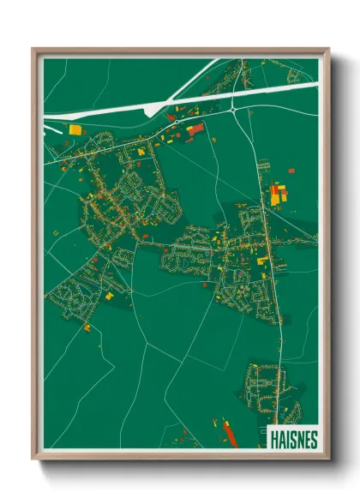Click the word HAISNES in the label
point(293,439)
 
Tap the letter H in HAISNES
point(273,439)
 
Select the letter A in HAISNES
point(281,439)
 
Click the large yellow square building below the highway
point(75,129)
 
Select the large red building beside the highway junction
point(195,128)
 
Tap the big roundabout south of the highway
point(233,110)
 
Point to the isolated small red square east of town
point(291,171)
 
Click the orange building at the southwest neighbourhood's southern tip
point(87,327)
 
